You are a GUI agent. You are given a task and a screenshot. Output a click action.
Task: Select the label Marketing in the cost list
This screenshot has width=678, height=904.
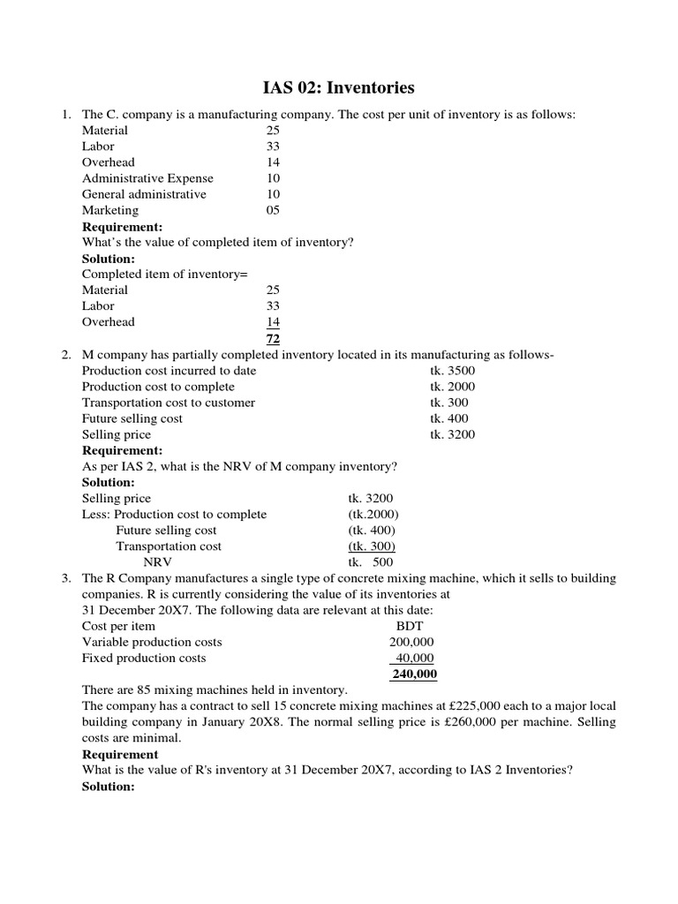[x=110, y=210]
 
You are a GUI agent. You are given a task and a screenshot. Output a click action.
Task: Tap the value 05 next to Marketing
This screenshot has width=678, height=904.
[x=273, y=210]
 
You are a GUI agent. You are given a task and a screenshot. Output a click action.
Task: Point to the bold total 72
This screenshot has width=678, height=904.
[x=273, y=339]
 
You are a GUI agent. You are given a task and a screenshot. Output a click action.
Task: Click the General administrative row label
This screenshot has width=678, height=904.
[x=144, y=194]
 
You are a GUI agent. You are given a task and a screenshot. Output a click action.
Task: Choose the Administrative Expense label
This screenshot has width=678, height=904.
[x=147, y=178]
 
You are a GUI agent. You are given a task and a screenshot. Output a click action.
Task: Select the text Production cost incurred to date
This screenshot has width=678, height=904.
[x=169, y=371]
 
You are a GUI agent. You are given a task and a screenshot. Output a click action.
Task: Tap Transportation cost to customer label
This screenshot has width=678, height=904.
[x=169, y=403]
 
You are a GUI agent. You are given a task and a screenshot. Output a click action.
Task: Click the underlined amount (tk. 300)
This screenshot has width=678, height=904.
[x=372, y=546]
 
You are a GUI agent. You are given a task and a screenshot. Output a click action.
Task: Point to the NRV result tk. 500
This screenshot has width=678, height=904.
[x=371, y=562]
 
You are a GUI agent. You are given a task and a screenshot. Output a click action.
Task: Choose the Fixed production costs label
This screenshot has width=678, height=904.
[x=144, y=658]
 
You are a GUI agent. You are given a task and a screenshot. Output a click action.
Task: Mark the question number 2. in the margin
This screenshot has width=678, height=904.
[x=65, y=355]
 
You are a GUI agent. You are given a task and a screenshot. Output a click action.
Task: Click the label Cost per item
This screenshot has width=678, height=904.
[x=118, y=626]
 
